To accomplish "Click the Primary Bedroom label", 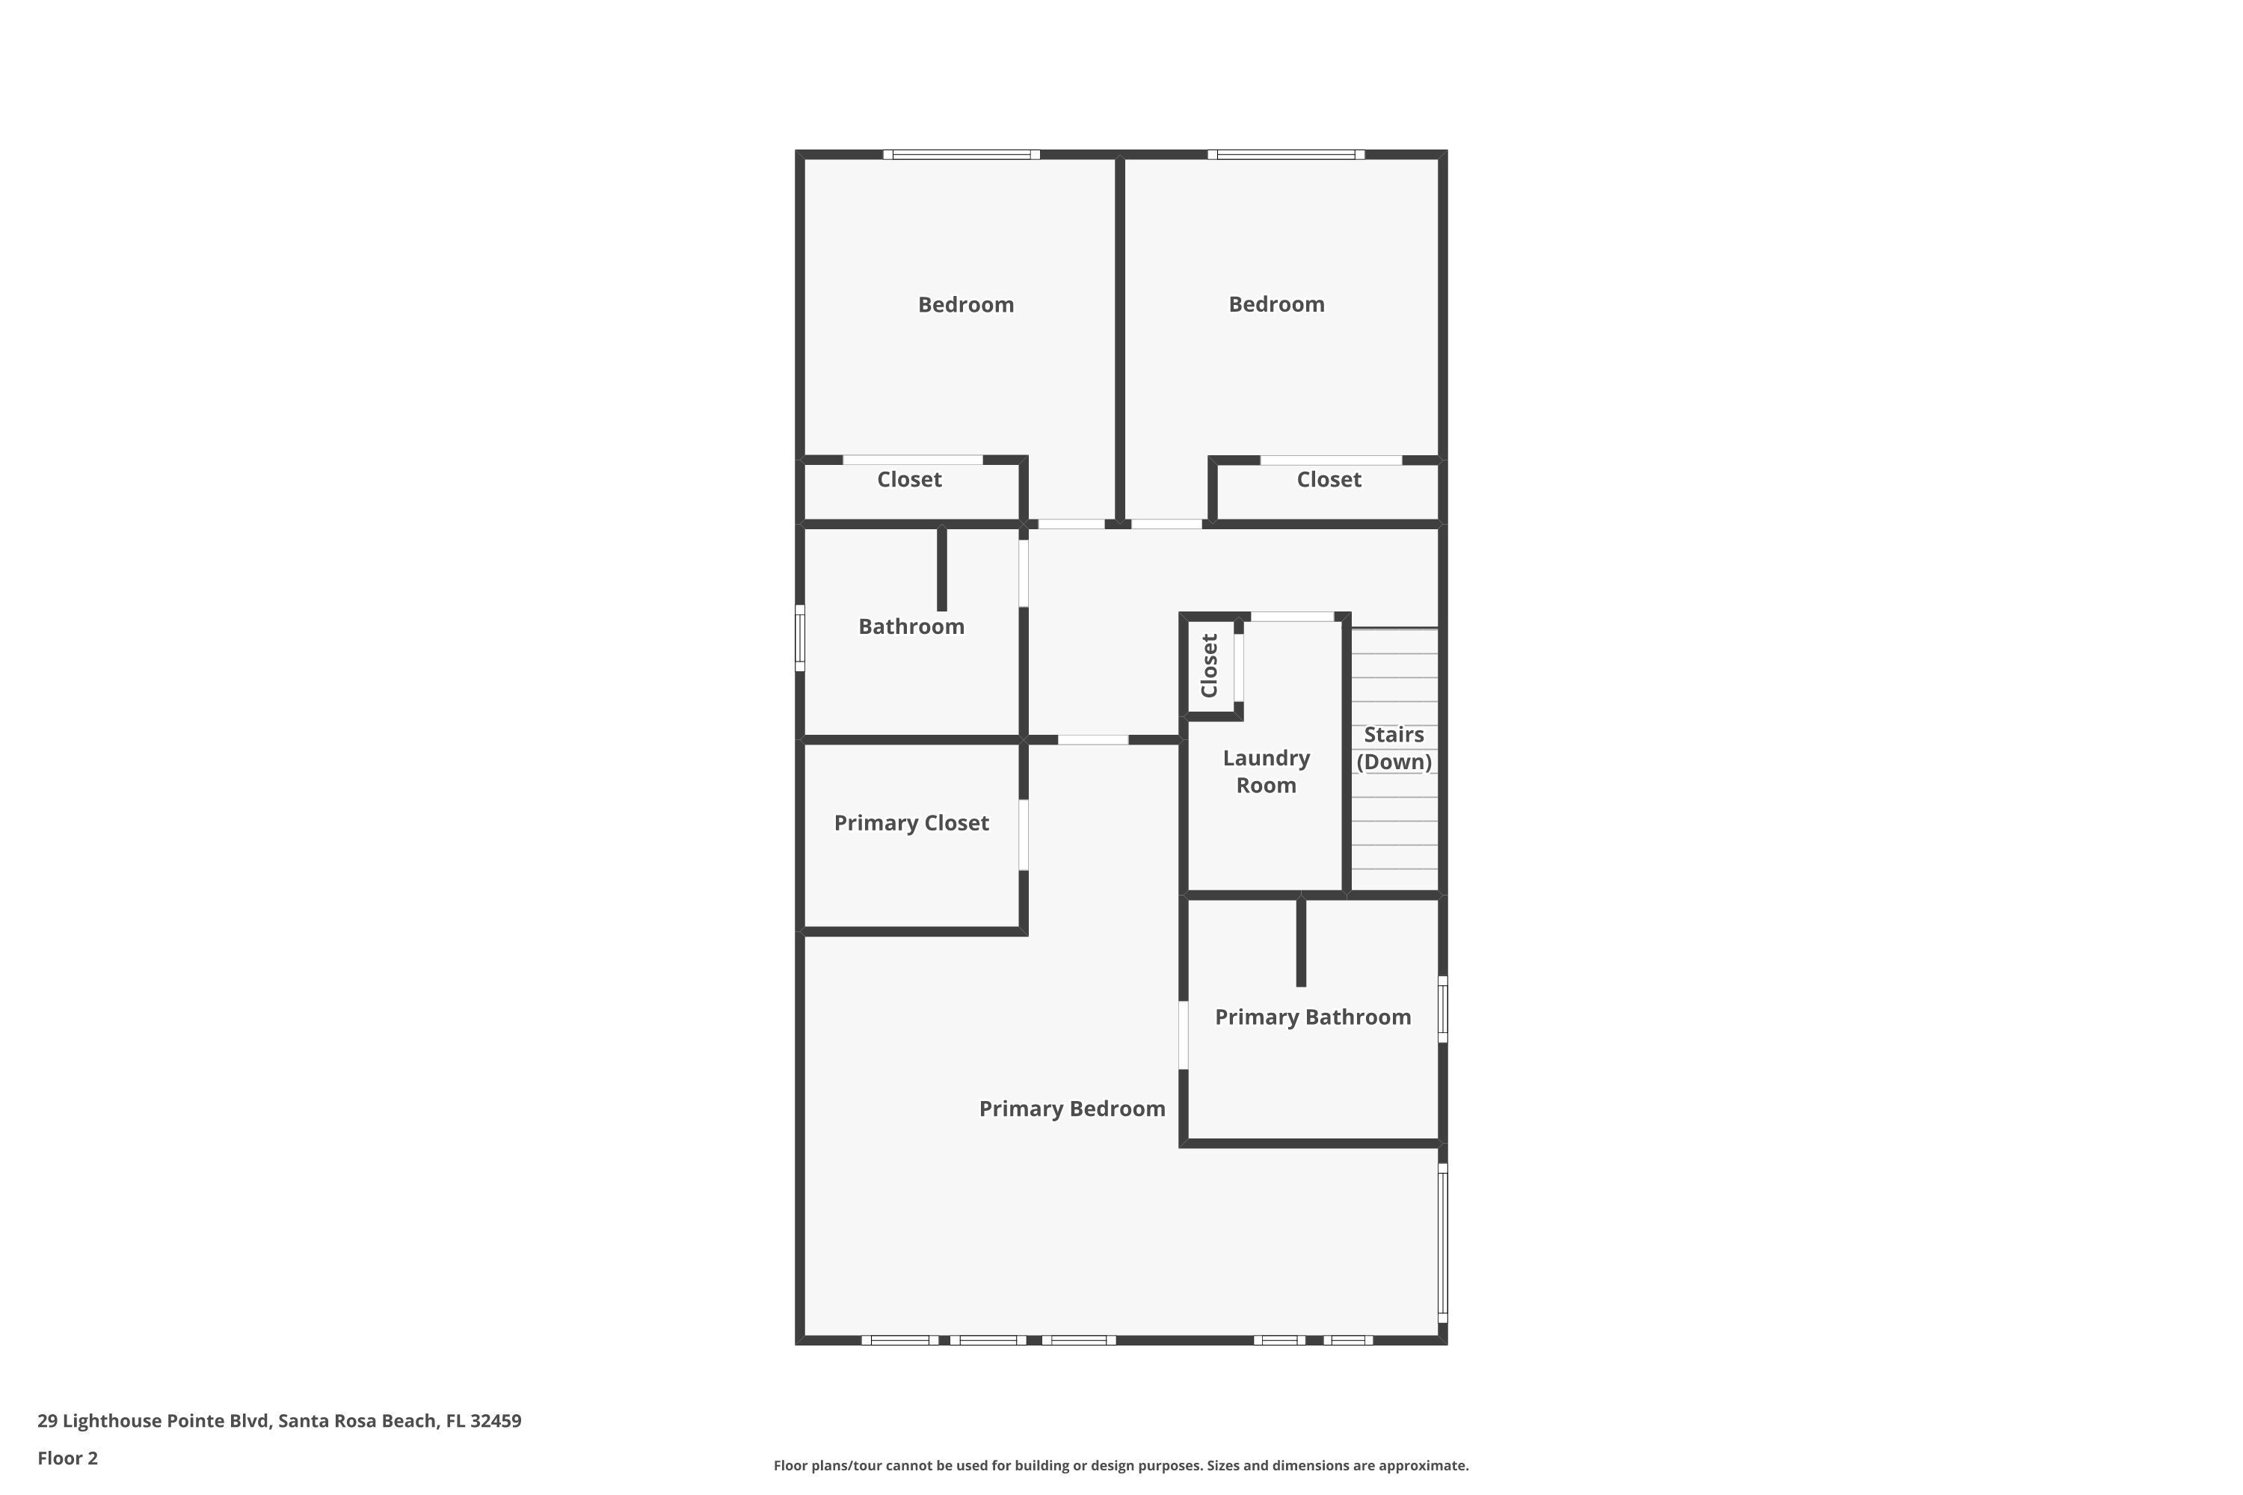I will [1072, 1109].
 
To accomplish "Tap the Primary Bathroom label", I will [1312, 1017].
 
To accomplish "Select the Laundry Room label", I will [1266, 771].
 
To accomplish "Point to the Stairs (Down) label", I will [1394, 748].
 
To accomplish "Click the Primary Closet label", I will [911, 823].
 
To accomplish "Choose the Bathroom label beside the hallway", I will [911, 626].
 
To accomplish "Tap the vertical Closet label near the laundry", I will [1209, 665].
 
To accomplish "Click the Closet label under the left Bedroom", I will [909, 480].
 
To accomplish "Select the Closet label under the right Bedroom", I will [1329, 480].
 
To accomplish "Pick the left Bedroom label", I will [965, 305].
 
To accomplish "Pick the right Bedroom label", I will [1276, 304].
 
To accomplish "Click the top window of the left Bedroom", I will [961, 155].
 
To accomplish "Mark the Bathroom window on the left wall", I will [800, 638].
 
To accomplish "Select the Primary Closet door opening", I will [1024, 835].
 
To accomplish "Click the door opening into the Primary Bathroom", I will [1184, 1035].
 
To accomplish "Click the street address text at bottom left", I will [280, 1421].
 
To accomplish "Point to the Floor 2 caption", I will [68, 1458].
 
